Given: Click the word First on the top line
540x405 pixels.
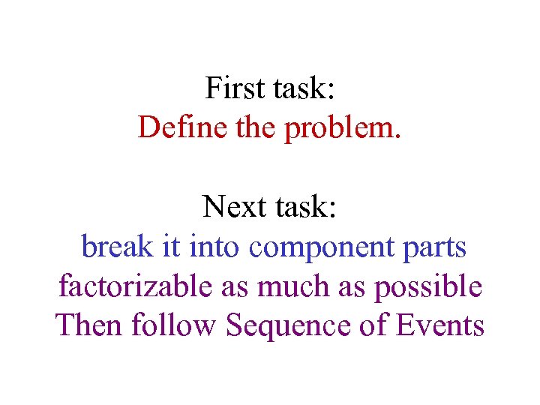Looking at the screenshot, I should click(231, 88).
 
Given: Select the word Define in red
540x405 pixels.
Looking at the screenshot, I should click(173, 127).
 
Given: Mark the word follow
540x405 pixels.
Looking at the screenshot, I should click(175, 325).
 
